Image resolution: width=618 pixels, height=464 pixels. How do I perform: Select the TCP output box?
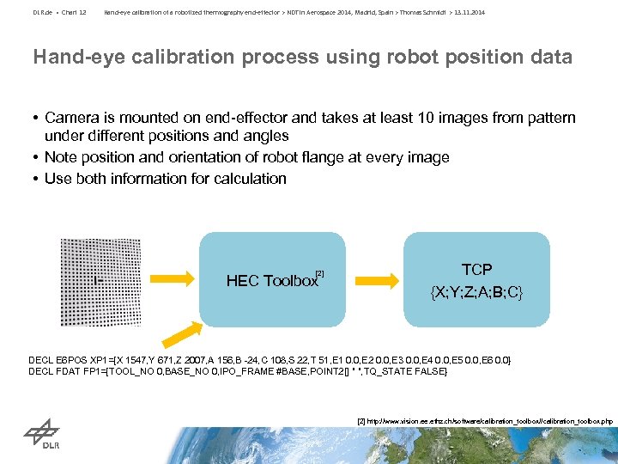[476, 279]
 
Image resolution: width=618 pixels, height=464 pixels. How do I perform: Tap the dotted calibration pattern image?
[100, 279]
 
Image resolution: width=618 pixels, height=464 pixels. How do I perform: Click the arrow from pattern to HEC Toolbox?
[173, 279]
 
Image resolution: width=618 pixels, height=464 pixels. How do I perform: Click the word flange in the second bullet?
[313, 157]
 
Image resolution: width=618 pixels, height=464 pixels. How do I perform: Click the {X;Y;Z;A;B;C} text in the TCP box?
[476, 292]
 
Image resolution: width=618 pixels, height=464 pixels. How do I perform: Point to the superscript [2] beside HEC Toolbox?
[320, 272]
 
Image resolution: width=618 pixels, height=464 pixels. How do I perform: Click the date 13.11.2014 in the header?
[468, 12]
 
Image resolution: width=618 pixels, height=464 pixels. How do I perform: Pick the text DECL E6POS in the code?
[53, 358]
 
